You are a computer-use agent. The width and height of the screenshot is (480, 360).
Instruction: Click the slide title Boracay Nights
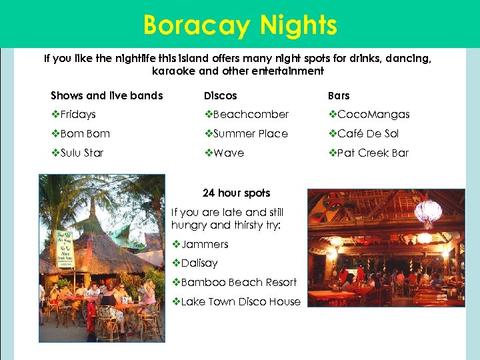pyautogui.click(x=240, y=25)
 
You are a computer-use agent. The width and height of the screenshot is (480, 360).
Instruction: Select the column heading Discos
pyautogui.click(x=220, y=95)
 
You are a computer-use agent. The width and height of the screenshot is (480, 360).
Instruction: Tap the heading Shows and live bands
pyautogui.click(x=107, y=95)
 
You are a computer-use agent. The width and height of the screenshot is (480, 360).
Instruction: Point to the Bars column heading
pyautogui.click(x=339, y=95)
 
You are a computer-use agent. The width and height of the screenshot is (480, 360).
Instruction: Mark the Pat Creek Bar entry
pyautogui.click(x=373, y=153)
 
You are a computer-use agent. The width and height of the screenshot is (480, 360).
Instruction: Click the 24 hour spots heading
pyautogui.click(x=236, y=193)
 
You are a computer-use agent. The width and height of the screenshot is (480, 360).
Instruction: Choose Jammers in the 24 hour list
pyautogui.click(x=205, y=245)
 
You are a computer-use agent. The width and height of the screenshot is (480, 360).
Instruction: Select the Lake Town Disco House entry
pyautogui.click(x=241, y=301)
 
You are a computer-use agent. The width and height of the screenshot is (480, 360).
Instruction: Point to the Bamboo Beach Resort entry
pyautogui.click(x=239, y=283)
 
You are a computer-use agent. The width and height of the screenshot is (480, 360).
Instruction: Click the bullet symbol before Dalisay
pyautogui.click(x=176, y=263)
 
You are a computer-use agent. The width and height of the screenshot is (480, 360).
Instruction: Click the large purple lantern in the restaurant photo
pyautogui.click(x=428, y=212)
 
